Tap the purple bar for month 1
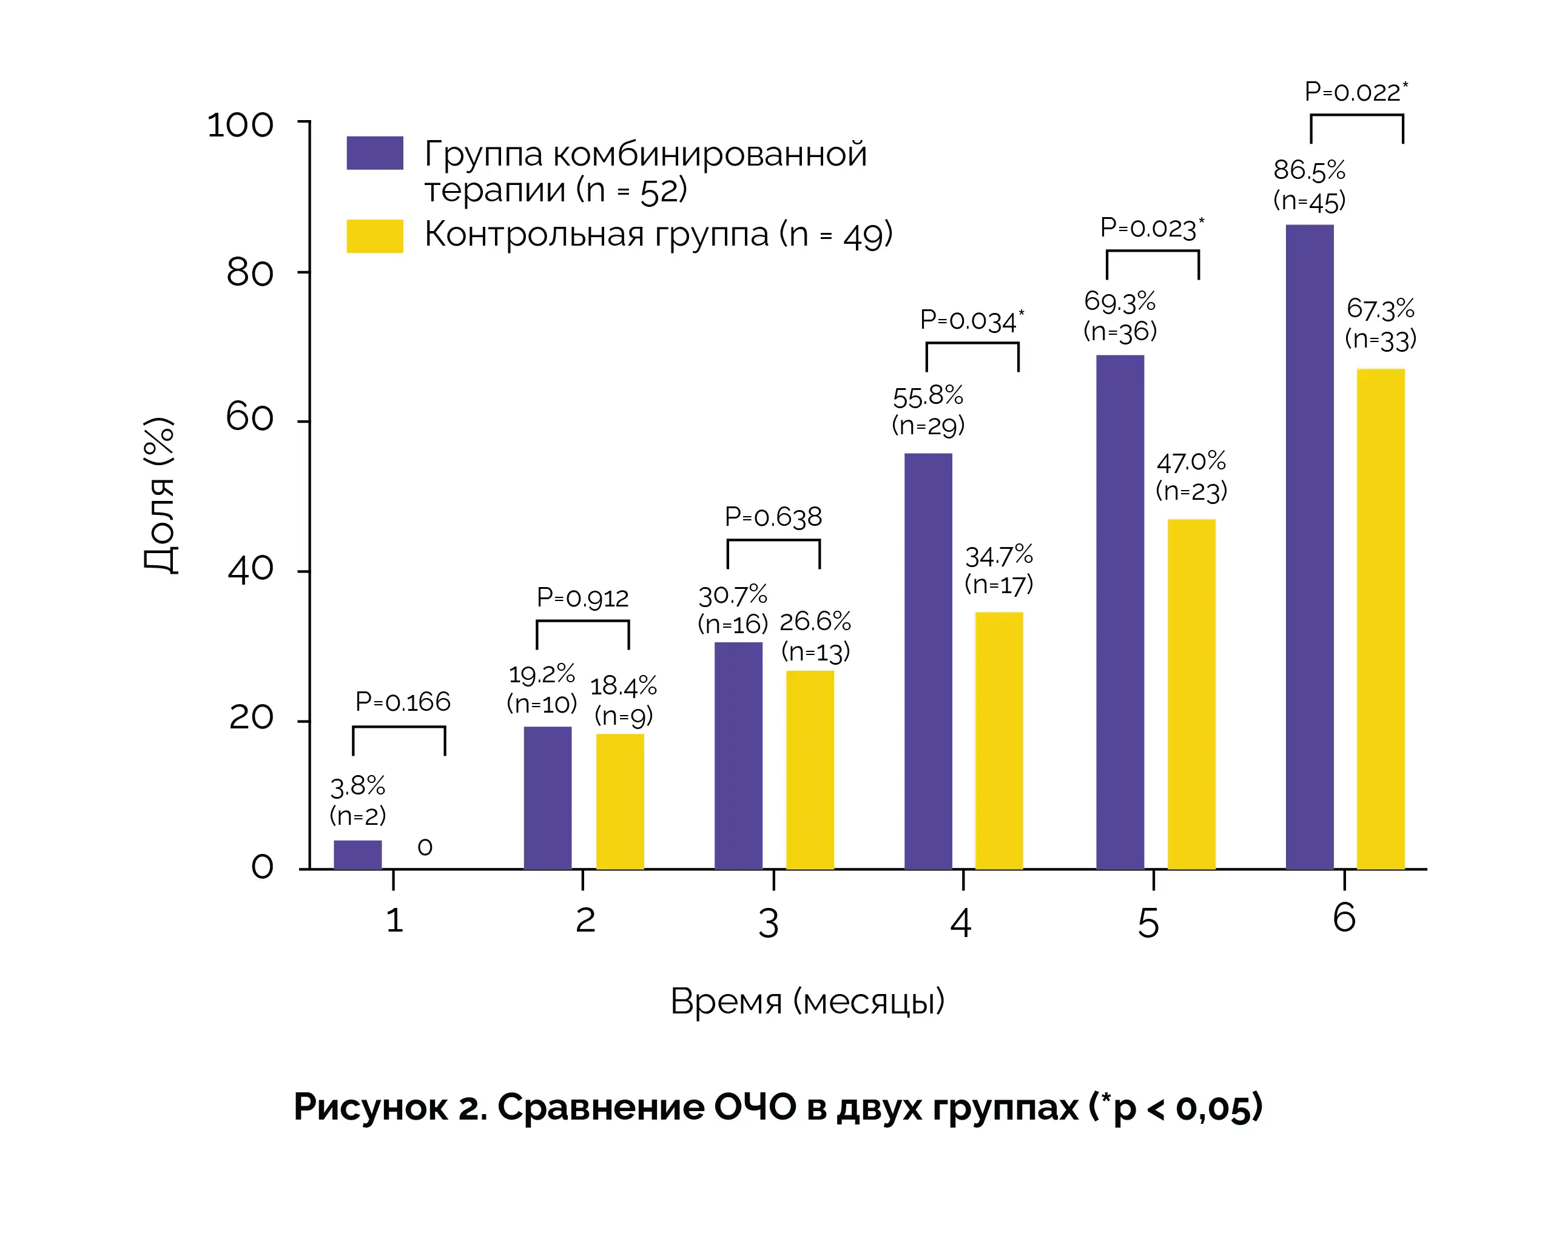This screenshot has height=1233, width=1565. point(357,854)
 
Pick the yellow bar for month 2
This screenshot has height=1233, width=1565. point(619,801)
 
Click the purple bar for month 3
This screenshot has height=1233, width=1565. point(738,755)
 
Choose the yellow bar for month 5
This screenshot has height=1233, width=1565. point(1191,694)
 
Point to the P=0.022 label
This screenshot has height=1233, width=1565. point(1355,92)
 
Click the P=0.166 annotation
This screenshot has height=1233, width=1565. point(402,701)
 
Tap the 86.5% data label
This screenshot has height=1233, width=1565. point(1309,170)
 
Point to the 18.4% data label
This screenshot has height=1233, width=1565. point(623,685)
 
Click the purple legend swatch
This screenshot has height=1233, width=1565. point(375,153)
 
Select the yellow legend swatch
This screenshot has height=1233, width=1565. point(375,236)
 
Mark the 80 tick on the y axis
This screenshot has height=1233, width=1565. point(250,273)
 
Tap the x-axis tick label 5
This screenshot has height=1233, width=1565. point(1148,922)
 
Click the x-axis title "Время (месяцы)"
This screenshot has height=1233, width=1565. point(807,1001)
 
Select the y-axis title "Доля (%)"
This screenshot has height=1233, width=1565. point(160,496)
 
